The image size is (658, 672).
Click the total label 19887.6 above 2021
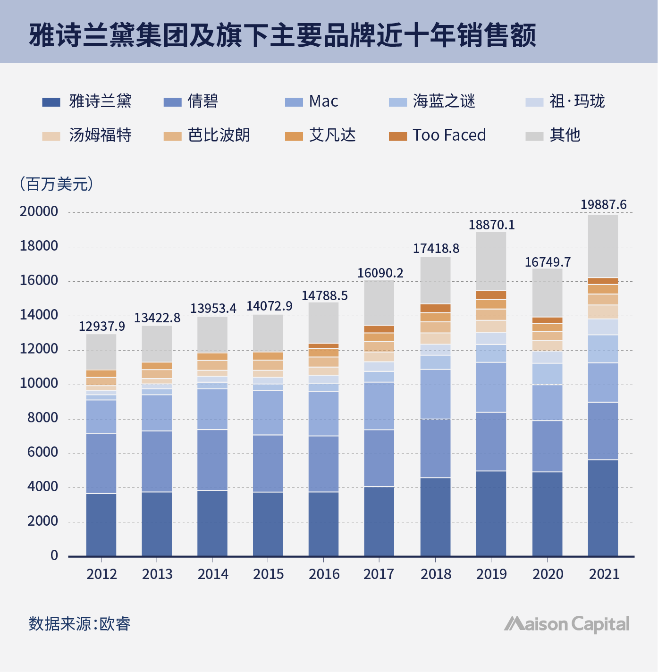[603, 205]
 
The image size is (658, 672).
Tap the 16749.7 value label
[548, 262]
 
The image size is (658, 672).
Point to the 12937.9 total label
[101, 327]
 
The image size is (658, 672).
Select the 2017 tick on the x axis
[379, 574]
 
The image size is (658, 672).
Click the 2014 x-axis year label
[213, 574]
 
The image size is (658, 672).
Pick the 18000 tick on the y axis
[39, 246]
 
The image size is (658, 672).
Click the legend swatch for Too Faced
[397, 136]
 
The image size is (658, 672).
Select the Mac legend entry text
[323, 101]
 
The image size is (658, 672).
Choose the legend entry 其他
[565, 135]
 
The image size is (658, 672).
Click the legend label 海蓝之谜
[444, 101]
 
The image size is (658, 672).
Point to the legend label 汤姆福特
[100, 135]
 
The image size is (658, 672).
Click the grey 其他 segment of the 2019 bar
[491, 261]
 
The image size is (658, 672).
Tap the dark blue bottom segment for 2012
[101, 525]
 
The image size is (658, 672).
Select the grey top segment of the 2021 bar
[603, 246]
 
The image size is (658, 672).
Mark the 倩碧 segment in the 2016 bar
[323, 464]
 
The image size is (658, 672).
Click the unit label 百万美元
[57, 184]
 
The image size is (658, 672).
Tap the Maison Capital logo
[566, 624]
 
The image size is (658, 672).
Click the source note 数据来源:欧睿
[79, 624]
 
